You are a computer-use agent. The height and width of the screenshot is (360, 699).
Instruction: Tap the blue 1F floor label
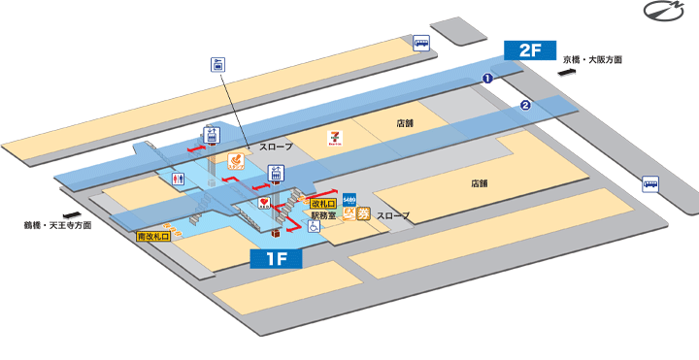(277, 258)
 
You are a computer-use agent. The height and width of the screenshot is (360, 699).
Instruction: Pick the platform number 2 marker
(525, 105)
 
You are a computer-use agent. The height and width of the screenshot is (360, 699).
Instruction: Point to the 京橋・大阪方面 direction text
(593, 59)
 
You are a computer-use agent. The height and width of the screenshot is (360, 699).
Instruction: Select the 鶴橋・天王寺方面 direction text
(57, 224)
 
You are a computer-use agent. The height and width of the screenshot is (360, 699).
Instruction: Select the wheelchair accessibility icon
(314, 226)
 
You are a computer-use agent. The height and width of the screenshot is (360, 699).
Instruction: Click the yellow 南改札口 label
(153, 236)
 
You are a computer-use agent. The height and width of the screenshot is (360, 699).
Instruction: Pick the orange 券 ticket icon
(363, 214)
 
